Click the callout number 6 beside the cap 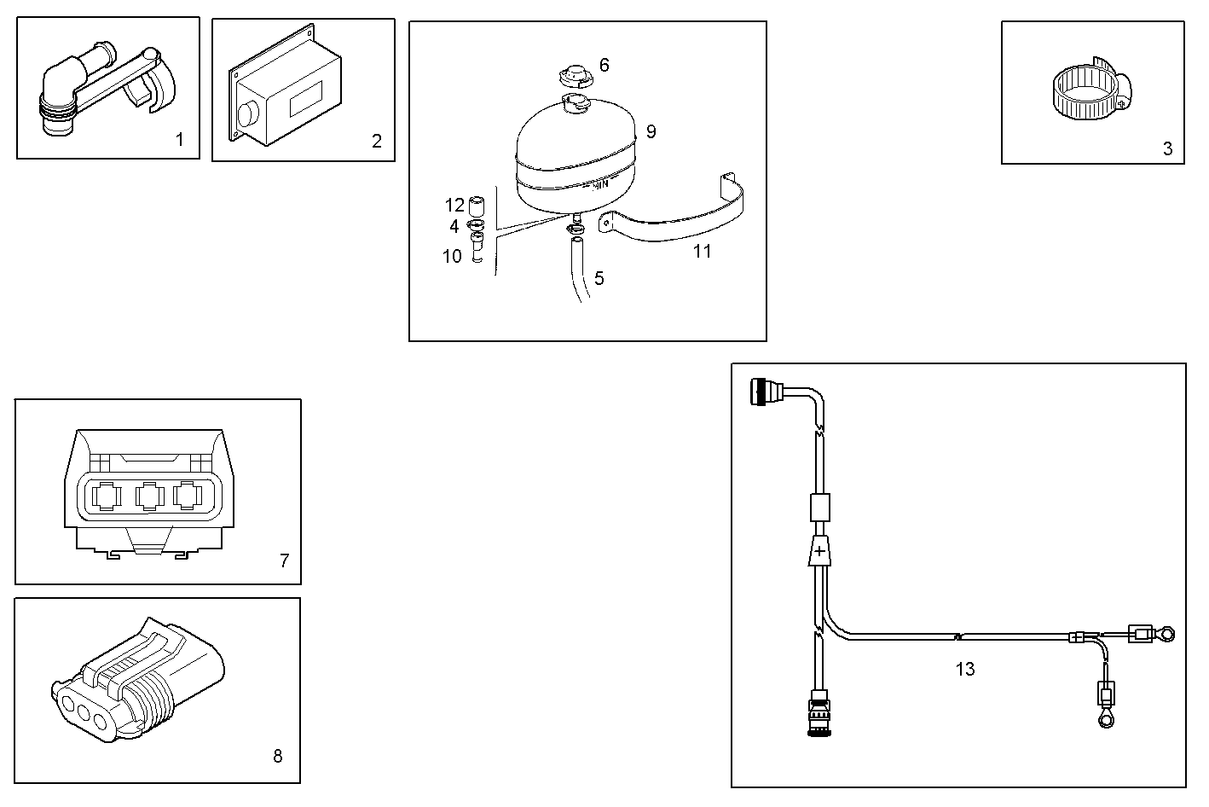pos(604,65)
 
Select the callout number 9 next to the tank pos(651,131)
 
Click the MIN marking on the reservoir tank pos(599,183)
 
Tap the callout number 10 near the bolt pos(452,256)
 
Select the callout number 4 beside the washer pos(454,226)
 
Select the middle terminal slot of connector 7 pos(149,497)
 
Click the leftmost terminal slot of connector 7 pos(108,497)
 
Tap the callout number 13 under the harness pos(964,670)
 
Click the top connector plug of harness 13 pos(762,393)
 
